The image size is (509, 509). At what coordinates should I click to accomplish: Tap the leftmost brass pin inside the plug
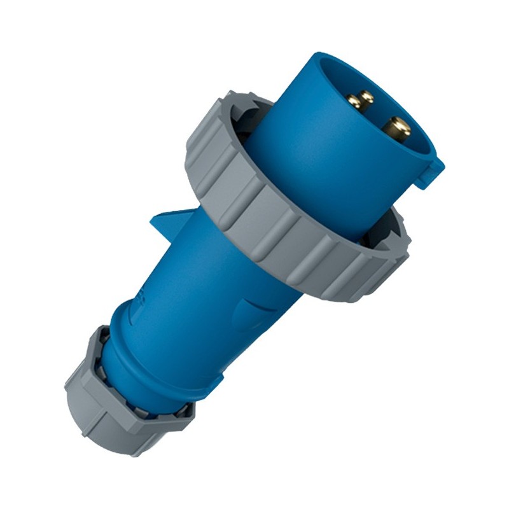354,102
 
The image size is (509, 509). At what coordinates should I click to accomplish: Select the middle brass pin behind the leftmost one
367,96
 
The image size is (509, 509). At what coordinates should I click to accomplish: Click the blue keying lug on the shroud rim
430,172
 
